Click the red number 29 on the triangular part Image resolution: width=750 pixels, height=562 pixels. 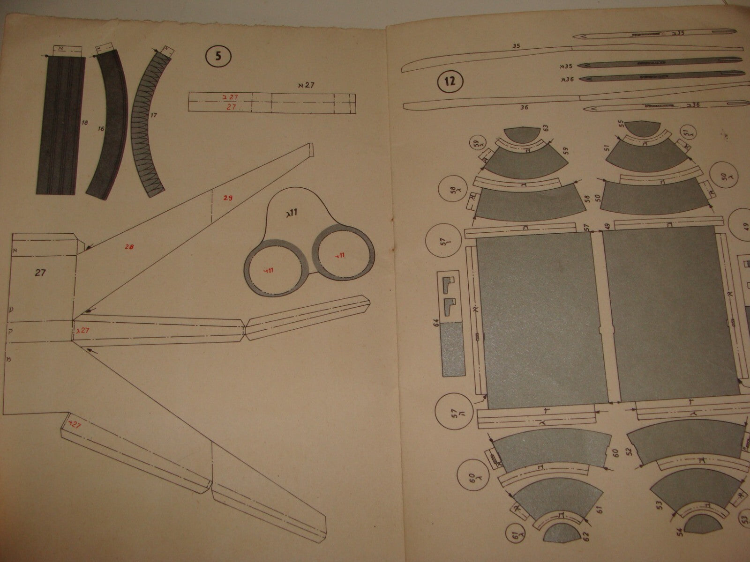[228, 198]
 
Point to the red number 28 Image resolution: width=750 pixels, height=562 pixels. [130, 246]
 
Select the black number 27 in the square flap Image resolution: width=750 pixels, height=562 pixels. [40, 272]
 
